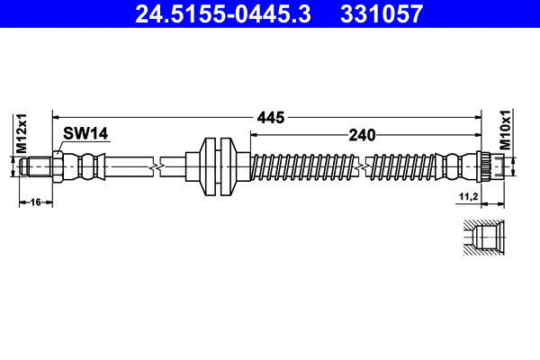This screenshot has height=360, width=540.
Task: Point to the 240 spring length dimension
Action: pyautogui.click(x=362, y=135)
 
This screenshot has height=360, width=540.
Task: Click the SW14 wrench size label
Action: pyautogui.click(x=85, y=134)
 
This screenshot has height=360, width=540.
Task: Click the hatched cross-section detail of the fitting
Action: pyautogui.click(x=483, y=239)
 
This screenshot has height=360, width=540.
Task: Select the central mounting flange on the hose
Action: pyautogui.click(x=216, y=166)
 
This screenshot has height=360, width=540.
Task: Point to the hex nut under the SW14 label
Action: pyautogui.click(x=58, y=166)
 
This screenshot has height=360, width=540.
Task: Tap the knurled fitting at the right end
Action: pyautogui.click(x=484, y=166)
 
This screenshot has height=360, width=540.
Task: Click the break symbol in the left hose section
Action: pyautogui.click(x=159, y=166)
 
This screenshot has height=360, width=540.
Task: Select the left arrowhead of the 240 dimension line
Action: pyautogui.click(x=252, y=135)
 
